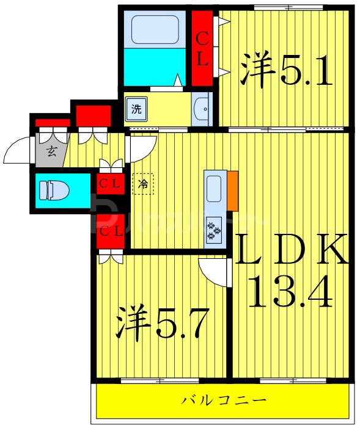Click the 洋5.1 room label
click(x=286, y=71)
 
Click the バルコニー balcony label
click(x=224, y=401)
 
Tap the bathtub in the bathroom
click(x=154, y=29)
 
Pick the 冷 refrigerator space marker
click(x=143, y=184)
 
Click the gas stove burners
click(x=214, y=230)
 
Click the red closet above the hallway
click(x=93, y=115)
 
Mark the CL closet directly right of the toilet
click(x=111, y=183)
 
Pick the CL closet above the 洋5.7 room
click(x=111, y=231)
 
